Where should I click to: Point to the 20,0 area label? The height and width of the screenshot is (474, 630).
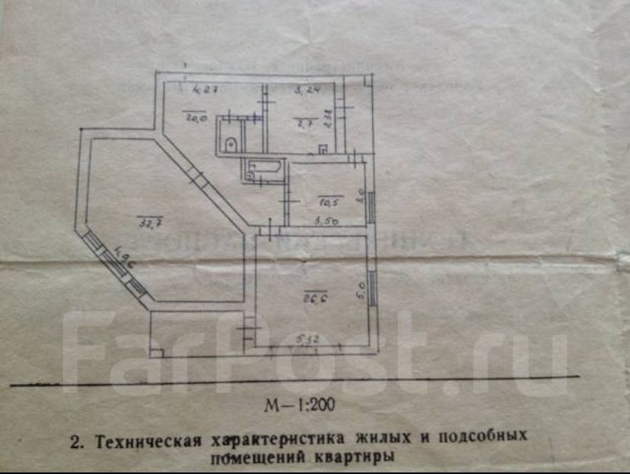point(193,117)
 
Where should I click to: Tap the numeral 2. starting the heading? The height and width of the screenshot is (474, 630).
point(75,440)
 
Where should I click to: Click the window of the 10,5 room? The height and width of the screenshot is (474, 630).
point(371,205)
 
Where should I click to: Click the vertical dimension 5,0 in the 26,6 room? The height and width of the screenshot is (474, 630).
point(362,290)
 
